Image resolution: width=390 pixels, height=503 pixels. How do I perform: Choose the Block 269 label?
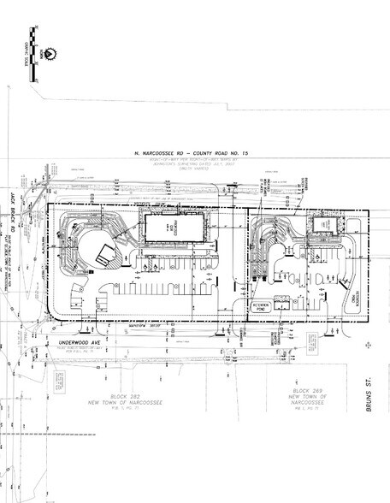point(302,388)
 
